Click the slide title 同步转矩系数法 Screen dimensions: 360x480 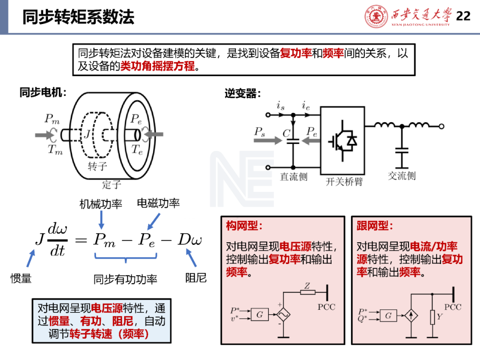78,17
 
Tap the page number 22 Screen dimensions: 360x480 463,16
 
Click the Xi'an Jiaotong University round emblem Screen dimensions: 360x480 376,16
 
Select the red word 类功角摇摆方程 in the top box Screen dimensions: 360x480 158,67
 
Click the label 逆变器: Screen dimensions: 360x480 243,94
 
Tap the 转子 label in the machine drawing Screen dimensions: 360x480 97,166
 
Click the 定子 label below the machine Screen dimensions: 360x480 111,184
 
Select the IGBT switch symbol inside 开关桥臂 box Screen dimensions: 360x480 343,140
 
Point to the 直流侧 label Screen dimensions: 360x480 293,177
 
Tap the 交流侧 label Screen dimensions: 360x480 401,176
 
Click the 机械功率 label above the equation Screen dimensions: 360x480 101,204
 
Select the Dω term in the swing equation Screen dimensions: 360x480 190,240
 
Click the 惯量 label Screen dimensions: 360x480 21,279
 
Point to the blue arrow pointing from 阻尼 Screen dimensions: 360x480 190,257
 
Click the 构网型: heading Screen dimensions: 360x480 244,226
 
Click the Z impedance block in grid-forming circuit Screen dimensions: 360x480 308,292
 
